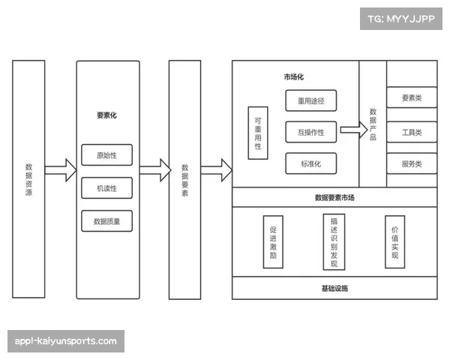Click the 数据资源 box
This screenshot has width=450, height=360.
click(x=28, y=179)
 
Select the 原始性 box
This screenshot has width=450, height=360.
click(x=106, y=155)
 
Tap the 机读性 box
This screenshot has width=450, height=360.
click(x=106, y=188)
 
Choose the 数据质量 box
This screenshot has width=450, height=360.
click(x=106, y=221)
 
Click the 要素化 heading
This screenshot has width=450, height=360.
click(x=106, y=116)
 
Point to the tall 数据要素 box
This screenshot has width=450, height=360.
click(x=184, y=179)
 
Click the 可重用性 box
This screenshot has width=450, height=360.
click(x=258, y=132)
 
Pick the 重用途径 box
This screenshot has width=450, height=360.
click(x=310, y=100)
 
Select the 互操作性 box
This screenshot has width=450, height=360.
click(x=310, y=132)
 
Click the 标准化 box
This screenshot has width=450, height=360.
click(x=310, y=163)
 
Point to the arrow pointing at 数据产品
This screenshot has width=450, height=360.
click(x=349, y=130)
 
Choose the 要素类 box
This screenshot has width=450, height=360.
click(x=412, y=98)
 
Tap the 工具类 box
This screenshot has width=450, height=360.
click(x=412, y=132)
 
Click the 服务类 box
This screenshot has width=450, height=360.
click(x=412, y=163)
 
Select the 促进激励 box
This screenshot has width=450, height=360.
click(x=273, y=241)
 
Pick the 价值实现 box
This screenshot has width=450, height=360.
click(x=394, y=241)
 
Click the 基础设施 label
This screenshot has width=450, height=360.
click(x=334, y=288)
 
